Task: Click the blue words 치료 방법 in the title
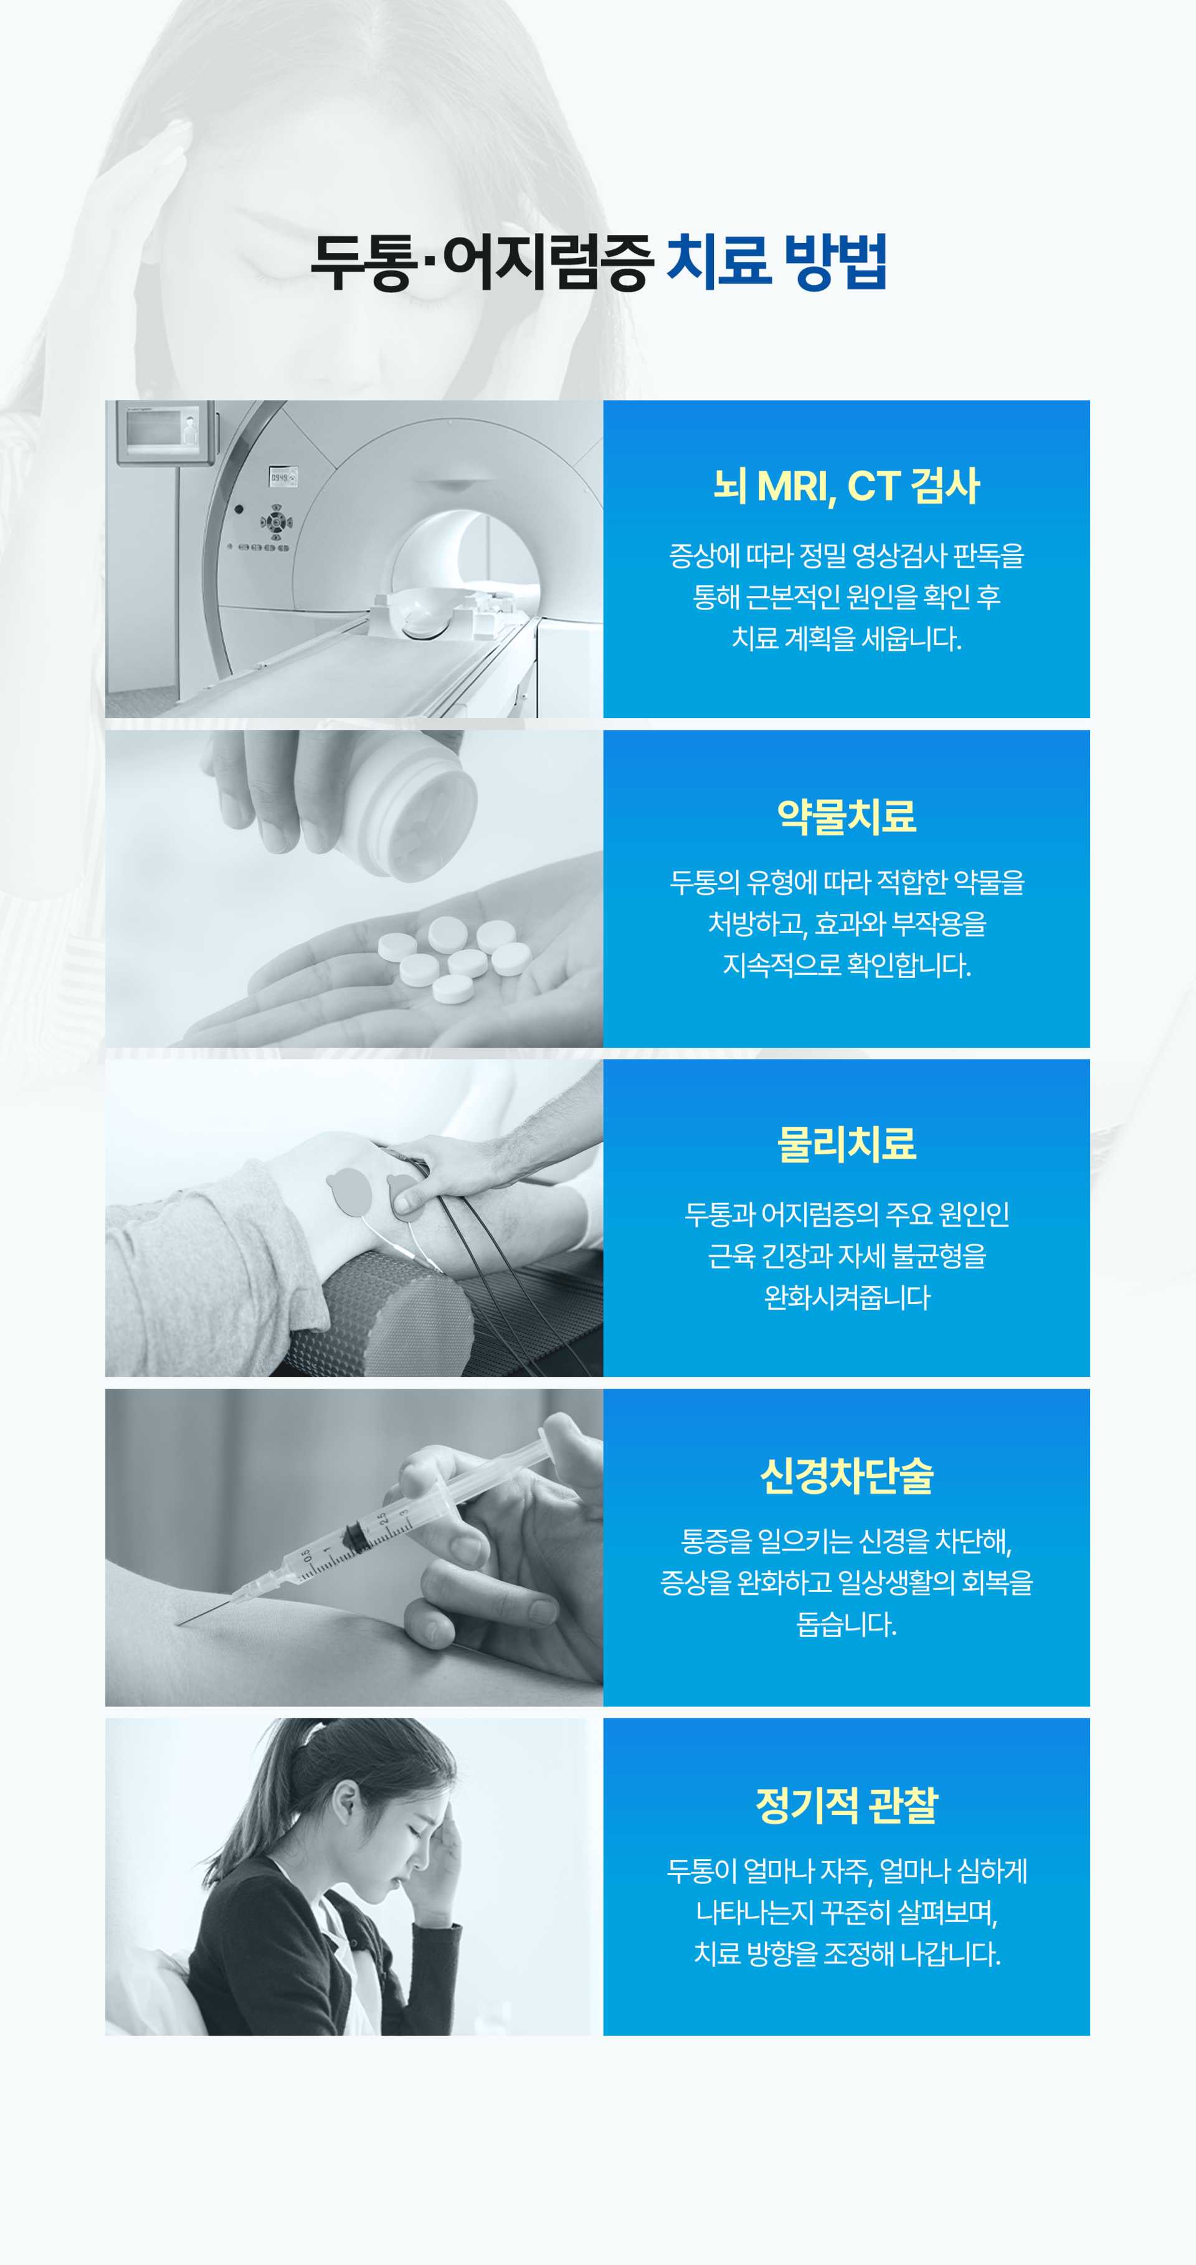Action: (x=776, y=261)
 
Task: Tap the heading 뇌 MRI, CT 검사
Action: (x=847, y=486)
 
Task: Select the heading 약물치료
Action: (x=847, y=816)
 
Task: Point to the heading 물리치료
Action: (x=847, y=1144)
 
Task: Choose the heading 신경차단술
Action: (x=847, y=1475)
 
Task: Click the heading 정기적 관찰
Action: (x=847, y=1805)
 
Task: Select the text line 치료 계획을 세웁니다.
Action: (x=847, y=638)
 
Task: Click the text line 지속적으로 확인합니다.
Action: (x=847, y=965)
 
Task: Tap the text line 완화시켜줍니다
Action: (x=847, y=1297)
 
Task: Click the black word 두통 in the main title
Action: (x=361, y=261)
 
